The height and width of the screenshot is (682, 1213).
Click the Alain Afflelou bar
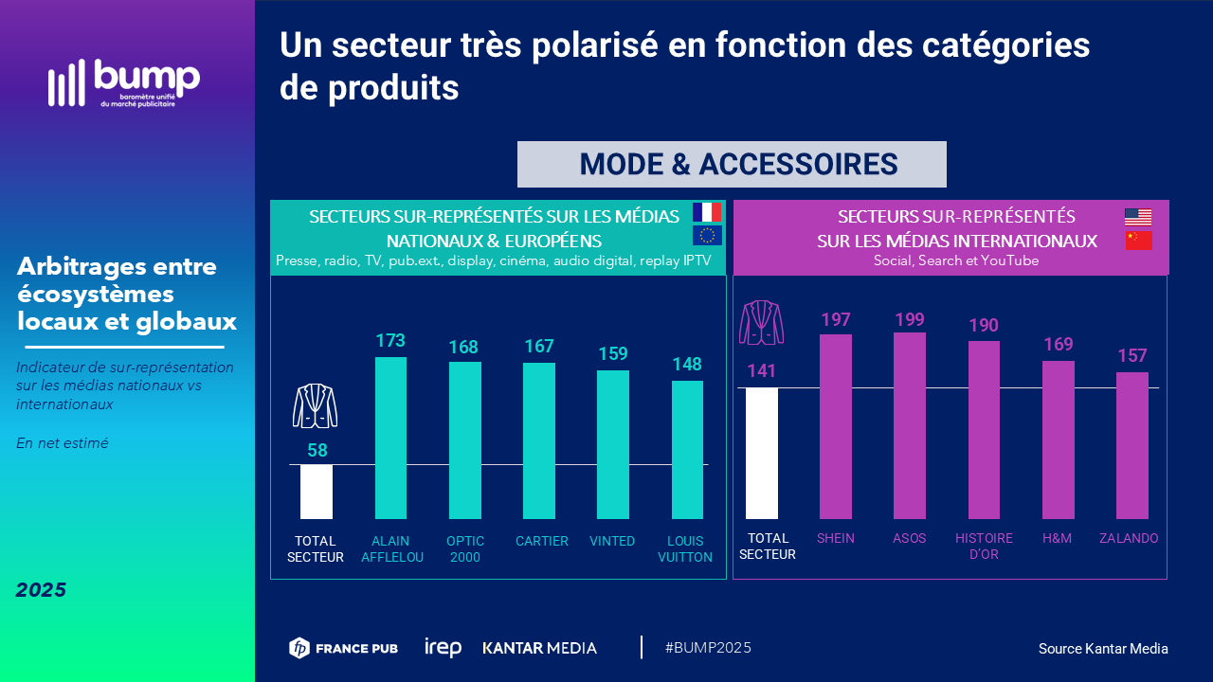tap(390, 438)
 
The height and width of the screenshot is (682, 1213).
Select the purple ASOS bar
tap(910, 425)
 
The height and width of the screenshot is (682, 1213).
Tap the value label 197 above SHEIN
tap(836, 320)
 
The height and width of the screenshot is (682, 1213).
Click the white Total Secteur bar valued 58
tap(317, 492)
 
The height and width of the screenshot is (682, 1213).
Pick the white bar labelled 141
tap(762, 453)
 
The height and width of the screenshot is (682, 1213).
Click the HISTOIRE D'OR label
tap(984, 546)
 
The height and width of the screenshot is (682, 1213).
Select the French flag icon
tap(707, 212)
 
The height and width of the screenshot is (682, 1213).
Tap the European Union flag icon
tap(707, 236)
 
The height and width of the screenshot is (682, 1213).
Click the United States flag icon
tap(1138, 216)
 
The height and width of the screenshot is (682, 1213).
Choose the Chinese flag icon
tap(1138, 240)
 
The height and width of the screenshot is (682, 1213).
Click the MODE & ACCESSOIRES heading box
tap(732, 165)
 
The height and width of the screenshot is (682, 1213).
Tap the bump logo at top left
tap(124, 82)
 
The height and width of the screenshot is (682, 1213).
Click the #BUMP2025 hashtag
tap(708, 648)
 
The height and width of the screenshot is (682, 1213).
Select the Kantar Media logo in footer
tap(540, 648)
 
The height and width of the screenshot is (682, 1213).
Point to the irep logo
tap(443, 648)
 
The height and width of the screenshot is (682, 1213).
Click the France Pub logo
tap(343, 648)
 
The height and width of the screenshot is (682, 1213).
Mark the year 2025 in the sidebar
tap(41, 590)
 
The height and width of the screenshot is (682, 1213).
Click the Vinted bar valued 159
tap(612, 444)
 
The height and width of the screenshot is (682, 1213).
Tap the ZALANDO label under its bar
tap(1129, 538)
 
